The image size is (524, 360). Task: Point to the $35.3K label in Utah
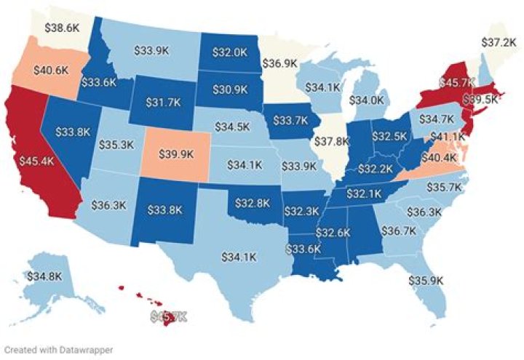tap(116, 144)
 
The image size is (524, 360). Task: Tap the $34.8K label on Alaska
tap(44, 276)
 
